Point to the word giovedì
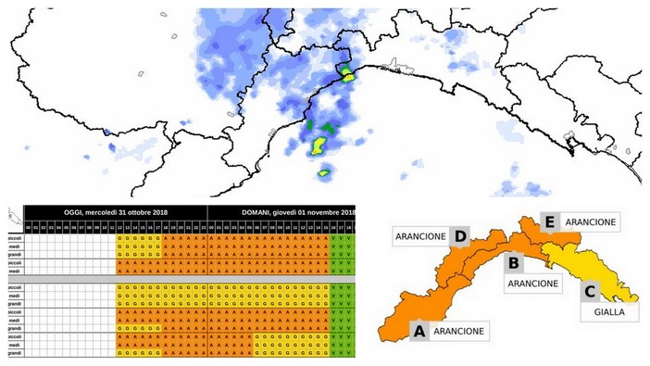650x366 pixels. coord(291,211)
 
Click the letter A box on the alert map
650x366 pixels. coord(419,330)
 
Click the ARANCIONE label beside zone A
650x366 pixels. coord(460,330)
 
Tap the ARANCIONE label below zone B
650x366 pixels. coord(531,283)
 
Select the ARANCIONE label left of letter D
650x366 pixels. coord(421,235)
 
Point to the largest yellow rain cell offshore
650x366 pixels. coord(318,145)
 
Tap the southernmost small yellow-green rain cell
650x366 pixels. coord(324,172)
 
